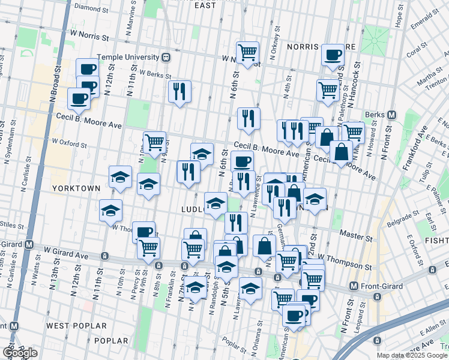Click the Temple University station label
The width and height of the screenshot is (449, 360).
[x=132, y=58]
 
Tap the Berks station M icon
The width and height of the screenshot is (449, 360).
[x=391, y=115]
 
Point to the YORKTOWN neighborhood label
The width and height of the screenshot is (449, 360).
[x=76, y=188]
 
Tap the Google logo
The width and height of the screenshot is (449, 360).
[x=20, y=353]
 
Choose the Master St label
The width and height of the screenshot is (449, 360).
[x=352, y=233]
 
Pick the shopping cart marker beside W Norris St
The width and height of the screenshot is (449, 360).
[x=247, y=52]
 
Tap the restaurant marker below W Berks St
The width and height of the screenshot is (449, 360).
[x=179, y=91]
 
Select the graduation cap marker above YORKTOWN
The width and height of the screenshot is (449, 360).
[x=120, y=176]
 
